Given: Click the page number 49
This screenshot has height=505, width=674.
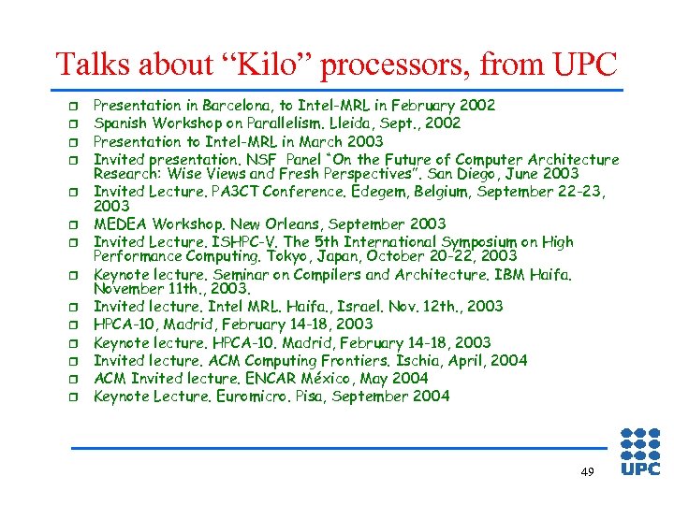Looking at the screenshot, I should pos(587,472).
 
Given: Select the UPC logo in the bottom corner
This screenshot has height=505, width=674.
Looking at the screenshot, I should pos(641,452).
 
